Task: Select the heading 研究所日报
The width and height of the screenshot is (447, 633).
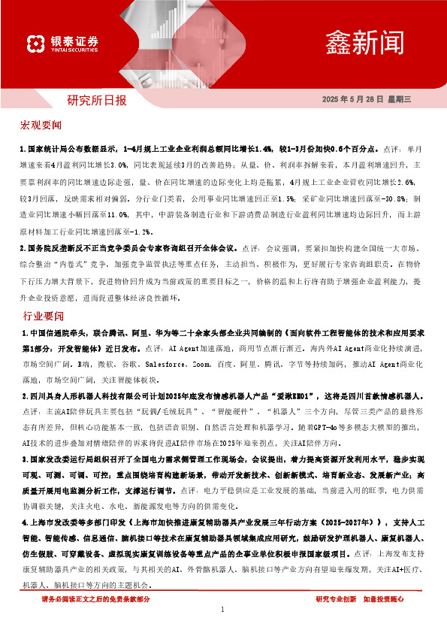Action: point(97,99)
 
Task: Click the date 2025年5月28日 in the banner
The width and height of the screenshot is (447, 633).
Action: point(353,99)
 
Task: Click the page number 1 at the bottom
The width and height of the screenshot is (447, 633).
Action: point(223,610)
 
